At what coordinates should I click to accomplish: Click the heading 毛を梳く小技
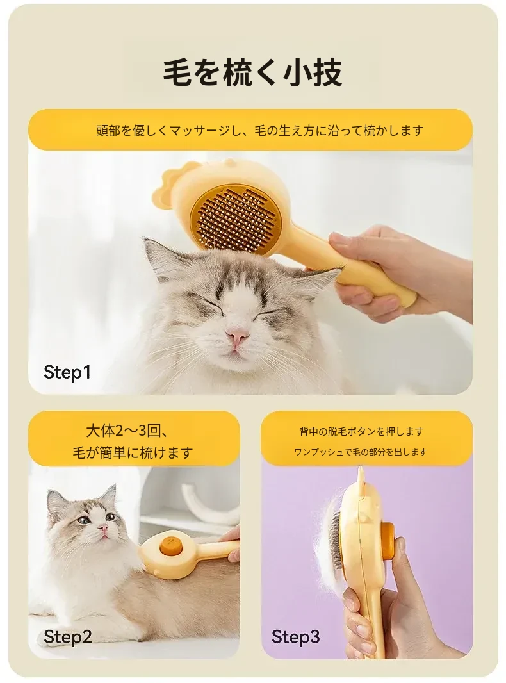point(252,73)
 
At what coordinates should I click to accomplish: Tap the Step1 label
point(67,372)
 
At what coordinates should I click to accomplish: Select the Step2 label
point(67,637)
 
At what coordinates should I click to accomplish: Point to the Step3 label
point(295,637)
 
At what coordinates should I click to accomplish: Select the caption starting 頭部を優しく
point(259,130)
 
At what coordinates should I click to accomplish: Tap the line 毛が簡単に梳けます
point(133,452)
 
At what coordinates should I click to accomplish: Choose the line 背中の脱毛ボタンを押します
point(361,432)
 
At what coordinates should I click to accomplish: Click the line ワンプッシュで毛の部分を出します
point(361,452)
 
